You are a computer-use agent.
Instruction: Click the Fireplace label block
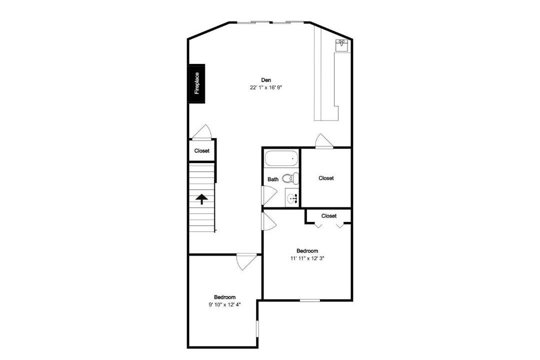pyautogui.click(x=196, y=83)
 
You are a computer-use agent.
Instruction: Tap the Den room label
pyautogui.click(x=266, y=80)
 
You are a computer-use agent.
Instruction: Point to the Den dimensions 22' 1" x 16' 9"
pyautogui.click(x=266, y=87)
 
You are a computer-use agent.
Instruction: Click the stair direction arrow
pyautogui.click(x=201, y=199)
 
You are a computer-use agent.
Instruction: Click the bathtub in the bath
pyautogui.click(x=281, y=159)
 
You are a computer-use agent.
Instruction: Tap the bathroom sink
pyautogui.click(x=292, y=198)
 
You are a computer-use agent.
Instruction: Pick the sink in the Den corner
pyautogui.click(x=341, y=45)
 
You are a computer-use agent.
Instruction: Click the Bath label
pyautogui.click(x=273, y=179)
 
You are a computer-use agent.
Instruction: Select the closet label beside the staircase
pyautogui.click(x=202, y=151)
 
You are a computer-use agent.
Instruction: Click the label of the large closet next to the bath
pyautogui.click(x=326, y=178)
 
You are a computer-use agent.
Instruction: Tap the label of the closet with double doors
pyautogui.click(x=329, y=216)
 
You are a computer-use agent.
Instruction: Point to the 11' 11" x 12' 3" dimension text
pyautogui.click(x=307, y=258)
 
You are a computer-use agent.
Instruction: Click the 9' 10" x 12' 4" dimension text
pyautogui.click(x=224, y=304)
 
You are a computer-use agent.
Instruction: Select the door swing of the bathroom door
pyautogui.click(x=269, y=195)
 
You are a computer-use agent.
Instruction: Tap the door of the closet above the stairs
pyautogui.click(x=202, y=132)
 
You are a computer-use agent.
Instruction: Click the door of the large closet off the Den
pyautogui.click(x=324, y=141)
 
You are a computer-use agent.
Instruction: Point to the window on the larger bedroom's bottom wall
pyautogui.click(x=310, y=300)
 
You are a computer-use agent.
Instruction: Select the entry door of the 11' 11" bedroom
pyautogui.click(x=269, y=221)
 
